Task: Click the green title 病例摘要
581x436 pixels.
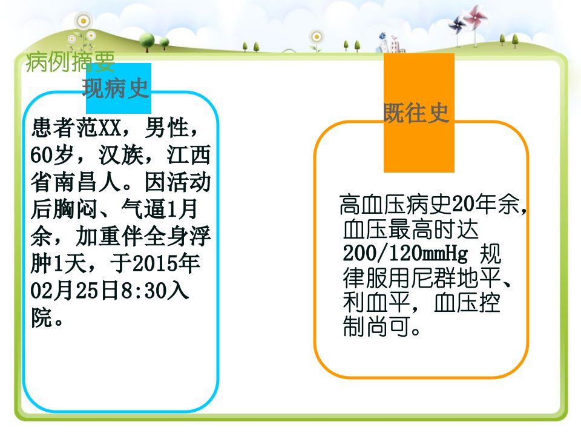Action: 70,61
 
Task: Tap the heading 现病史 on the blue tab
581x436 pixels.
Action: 116,88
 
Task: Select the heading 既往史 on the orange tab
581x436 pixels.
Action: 416,113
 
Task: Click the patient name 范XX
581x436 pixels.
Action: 99,128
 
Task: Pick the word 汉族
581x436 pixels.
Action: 121,155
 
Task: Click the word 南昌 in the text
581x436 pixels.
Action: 76,182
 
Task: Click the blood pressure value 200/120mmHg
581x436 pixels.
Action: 405,254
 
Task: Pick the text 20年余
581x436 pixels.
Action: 486,204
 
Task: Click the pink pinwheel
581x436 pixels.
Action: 475,17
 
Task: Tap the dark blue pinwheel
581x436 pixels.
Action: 456,25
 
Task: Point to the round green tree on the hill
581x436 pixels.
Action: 147,40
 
